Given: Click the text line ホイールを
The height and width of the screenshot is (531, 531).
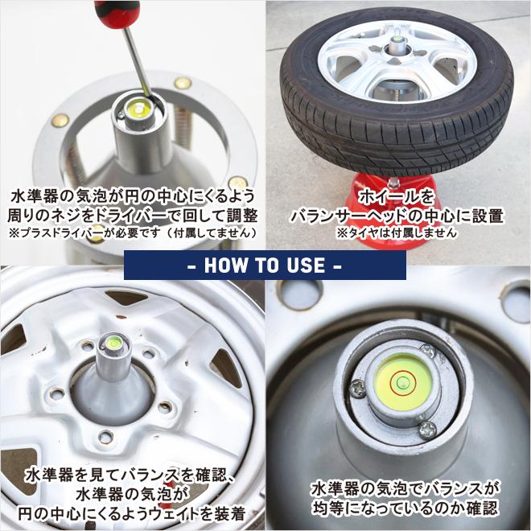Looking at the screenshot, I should point(397,197).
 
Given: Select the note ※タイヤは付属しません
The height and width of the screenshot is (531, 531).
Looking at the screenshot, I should point(397,233).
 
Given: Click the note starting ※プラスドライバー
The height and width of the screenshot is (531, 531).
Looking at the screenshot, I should point(131,233).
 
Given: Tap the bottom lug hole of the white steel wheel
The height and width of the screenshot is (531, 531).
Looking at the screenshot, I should point(105,438).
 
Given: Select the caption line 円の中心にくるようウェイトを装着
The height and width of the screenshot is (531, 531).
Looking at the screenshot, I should point(134,512).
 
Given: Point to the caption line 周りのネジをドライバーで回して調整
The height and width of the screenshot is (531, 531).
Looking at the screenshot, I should point(131,216).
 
